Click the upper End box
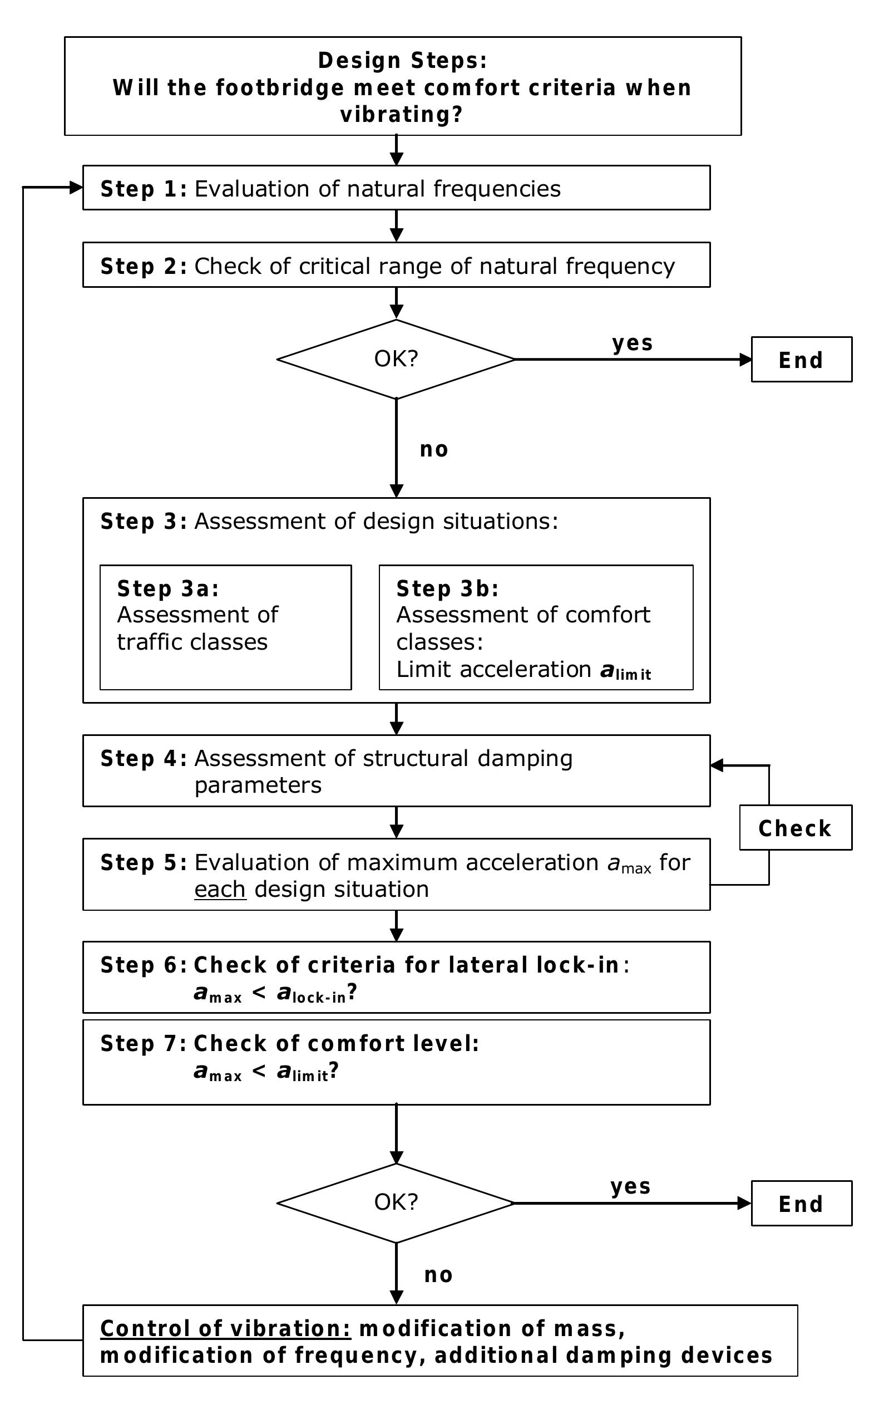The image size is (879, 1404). [801, 360]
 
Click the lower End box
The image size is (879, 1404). [801, 1204]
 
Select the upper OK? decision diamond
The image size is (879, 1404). [396, 359]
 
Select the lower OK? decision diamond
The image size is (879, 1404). [396, 1202]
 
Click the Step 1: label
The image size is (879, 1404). [143, 189]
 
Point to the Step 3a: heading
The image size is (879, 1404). [168, 588]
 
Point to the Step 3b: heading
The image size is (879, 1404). [447, 588]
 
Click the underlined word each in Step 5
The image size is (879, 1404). [220, 889]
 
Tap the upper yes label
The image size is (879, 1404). [633, 342]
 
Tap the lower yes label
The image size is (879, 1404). [630, 1186]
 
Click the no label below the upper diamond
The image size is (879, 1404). [434, 450]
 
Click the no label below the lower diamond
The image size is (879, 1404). [438, 1275]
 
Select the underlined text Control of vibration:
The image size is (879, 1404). [225, 1329]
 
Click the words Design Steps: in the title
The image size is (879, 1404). [402, 61]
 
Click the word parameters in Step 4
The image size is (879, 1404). [258, 785]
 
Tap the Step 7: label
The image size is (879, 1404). [143, 1043]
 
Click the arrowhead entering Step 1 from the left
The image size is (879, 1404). [76, 187]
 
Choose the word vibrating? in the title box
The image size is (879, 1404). [401, 115]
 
